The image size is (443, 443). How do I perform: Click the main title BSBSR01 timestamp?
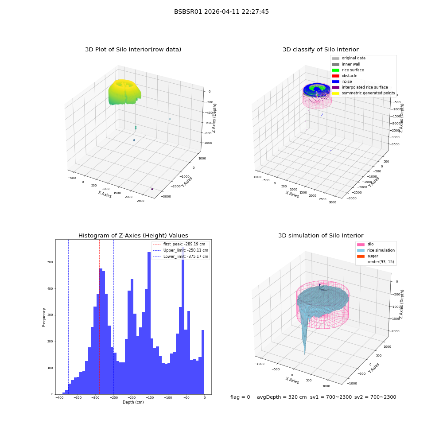coord(221,12)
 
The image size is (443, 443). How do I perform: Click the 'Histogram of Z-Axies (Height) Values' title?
coord(133,235)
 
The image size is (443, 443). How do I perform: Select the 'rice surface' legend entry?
coord(348,70)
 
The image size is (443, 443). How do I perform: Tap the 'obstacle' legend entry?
coord(344,76)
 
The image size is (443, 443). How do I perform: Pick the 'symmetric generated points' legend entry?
coord(363,93)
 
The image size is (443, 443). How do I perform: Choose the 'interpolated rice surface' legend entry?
coord(360,87)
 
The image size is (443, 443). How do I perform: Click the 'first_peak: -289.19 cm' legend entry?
coord(179,244)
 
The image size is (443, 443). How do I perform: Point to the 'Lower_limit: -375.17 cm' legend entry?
coord(181,256)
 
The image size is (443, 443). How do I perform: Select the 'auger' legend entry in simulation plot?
coord(368,256)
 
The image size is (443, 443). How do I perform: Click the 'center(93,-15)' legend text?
coord(381,262)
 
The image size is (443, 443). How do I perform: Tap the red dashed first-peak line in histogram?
coord(99,317)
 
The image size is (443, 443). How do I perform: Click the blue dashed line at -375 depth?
coord(68,317)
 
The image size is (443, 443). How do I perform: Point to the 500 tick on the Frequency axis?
coord(51,262)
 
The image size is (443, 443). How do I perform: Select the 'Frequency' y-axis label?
coord(44,317)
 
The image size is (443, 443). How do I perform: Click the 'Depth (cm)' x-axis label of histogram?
coord(133,402)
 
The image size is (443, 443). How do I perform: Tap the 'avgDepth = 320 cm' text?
coord(282,397)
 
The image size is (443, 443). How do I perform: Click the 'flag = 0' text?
coord(240,397)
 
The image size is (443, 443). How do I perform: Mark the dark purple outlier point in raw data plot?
coord(152,189)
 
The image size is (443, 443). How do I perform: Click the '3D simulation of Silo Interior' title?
coord(321,235)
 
